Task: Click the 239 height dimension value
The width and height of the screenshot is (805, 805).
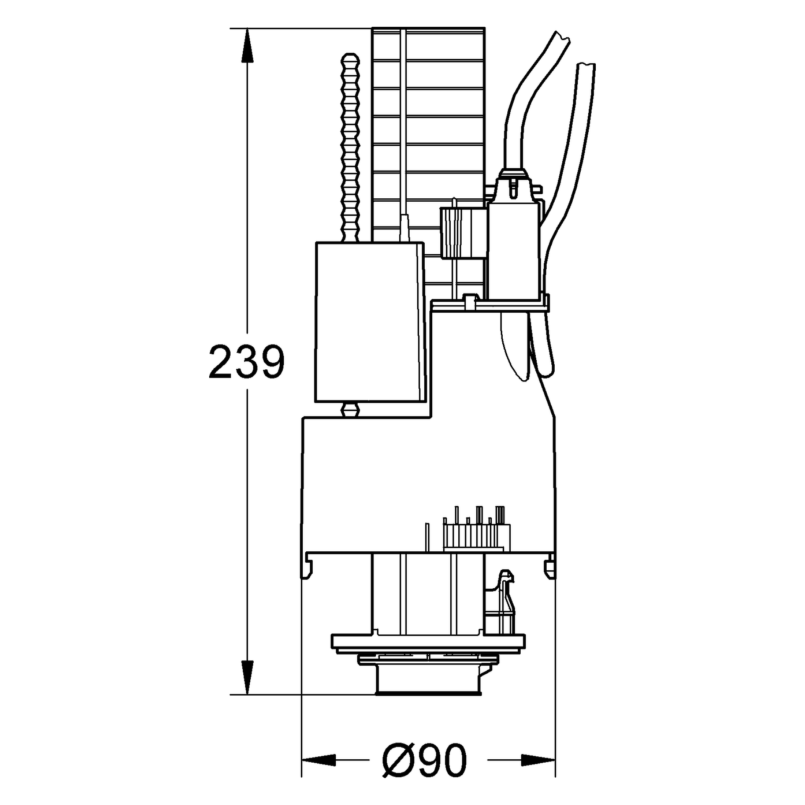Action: pyautogui.click(x=247, y=361)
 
